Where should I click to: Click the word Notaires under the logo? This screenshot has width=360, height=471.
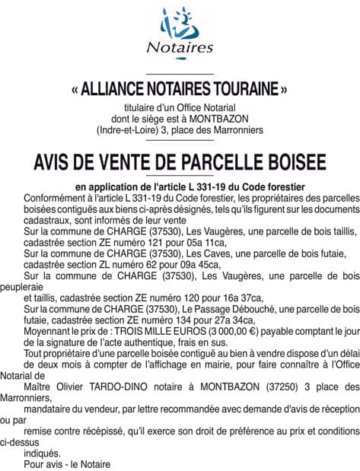[x=180, y=48]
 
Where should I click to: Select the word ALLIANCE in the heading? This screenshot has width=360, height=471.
[x=112, y=88]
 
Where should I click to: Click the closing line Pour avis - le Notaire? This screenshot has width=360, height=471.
[x=67, y=464]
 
